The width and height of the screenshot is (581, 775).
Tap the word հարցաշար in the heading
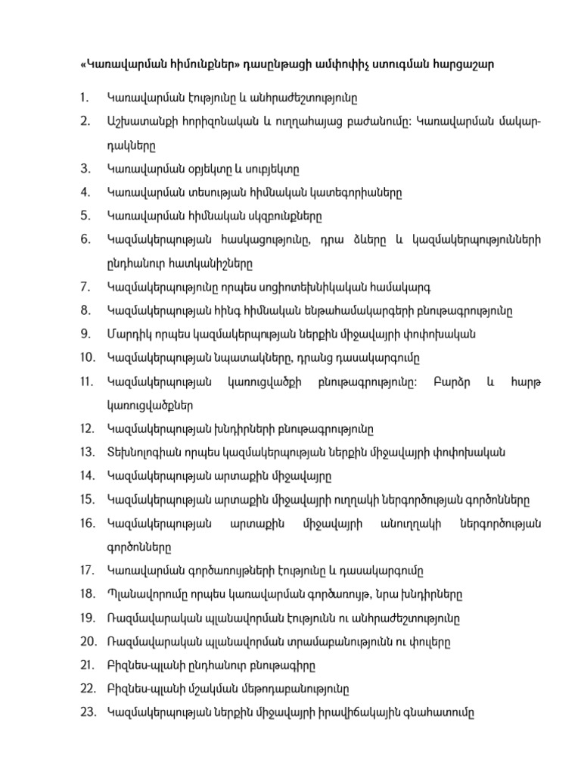(468, 64)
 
